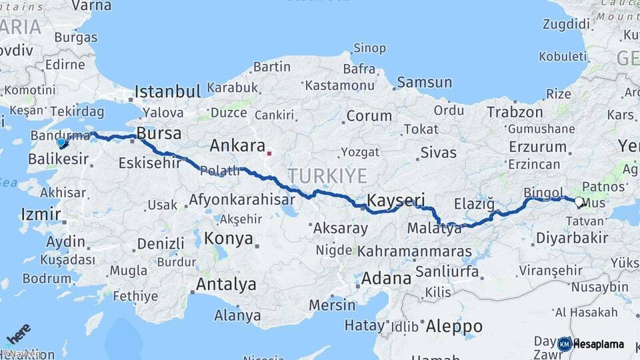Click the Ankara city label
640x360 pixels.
pyautogui.click(x=237, y=145)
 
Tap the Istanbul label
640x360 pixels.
pyautogui.click(x=167, y=91)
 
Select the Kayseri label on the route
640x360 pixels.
pyautogui.click(x=396, y=200)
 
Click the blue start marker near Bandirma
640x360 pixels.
pyautogui.click(x=61, y=142)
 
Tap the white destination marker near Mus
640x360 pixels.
pyautogui.click(x=579, y=202)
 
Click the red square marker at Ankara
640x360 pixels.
pyautogui.click(x=269, y=153)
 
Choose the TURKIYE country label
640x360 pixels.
pyautogui.click(x=327, y=176)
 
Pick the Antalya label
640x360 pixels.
pyautogui.click(x=225, y=285)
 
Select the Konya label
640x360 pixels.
pyautogui.click(x=229, y=239)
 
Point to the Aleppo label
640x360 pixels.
pyautogui.click(x=454, y=327)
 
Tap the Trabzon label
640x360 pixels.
pyautogui.click(x=515, y=112)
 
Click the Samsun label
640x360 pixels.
pyautogui.click(x=424, y=83)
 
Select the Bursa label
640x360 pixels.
pyautogui.click(x=159, y=133)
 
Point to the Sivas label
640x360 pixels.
pyautogui.click(x=438, y=153)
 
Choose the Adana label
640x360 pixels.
pyautogui.click(x=387, y=278)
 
